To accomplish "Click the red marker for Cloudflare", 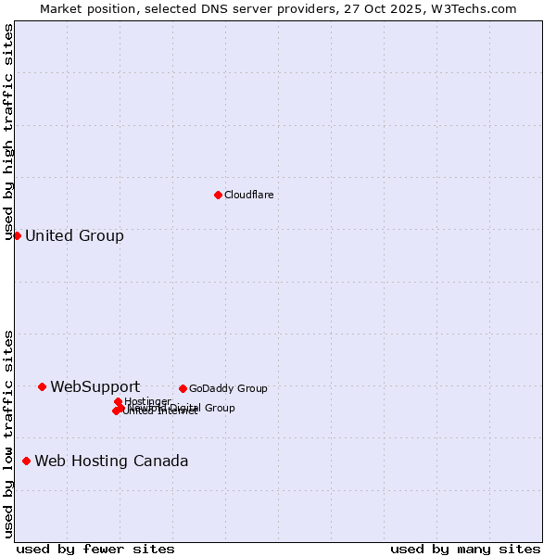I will [x=218, y=195].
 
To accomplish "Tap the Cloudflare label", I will [x=248, y=195].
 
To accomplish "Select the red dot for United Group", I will [x=17, y=235].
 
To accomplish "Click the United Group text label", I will [x=74, y=235].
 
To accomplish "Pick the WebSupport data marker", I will [x=42, y=386].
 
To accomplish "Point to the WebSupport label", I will [x=95, y=386].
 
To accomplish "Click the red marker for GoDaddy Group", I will [x=183, y=388].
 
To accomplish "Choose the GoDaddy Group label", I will [x=227, y=388].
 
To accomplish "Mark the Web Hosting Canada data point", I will [x=26, y=461].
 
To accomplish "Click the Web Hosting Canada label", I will [x=111, y=461].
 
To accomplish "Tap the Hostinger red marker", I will [x=118, y=401].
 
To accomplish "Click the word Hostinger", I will [x=147, y=401].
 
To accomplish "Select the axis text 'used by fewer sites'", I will [x=95, y=549].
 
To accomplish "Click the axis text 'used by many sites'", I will [x=465, y=549].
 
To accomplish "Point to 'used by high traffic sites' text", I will [x=9, y=132].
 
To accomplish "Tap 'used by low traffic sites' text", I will [x=9, y=433].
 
